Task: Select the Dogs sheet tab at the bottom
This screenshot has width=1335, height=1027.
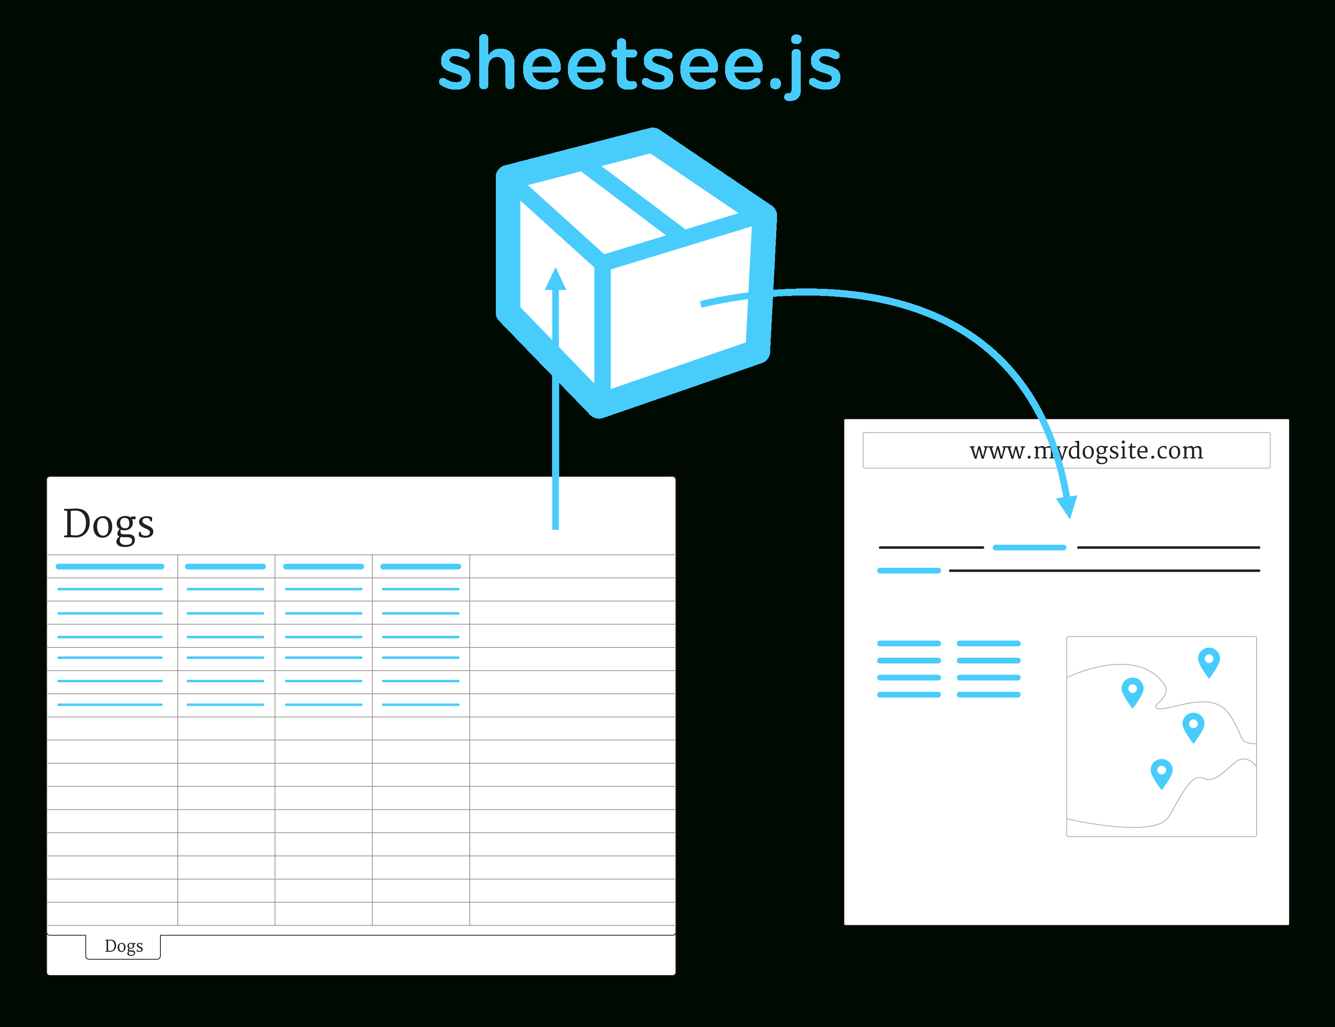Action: pos(124,946)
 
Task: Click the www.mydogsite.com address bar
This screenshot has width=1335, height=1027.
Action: pos(1066,451)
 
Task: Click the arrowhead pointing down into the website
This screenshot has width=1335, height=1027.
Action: pos(1067,506)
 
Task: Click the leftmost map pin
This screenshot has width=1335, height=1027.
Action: pos(1132,691)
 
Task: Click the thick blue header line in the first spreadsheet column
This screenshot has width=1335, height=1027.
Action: pos(110,567)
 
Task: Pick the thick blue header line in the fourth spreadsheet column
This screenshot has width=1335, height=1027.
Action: pos(420,567)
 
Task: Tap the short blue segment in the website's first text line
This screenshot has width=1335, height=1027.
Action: pos(1030,548)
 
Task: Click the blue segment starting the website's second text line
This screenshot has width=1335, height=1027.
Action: pos(908,570)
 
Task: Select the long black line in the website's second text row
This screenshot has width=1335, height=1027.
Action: pos(1104,570)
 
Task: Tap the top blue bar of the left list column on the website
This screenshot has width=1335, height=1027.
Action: pos(908,643)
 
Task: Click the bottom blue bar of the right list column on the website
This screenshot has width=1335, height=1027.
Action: pos(988,695)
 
